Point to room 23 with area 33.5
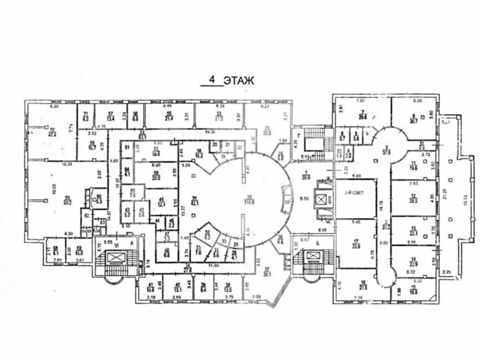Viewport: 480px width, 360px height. [x=267, y=130]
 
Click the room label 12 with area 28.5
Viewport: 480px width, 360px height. [x=413, y=199]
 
